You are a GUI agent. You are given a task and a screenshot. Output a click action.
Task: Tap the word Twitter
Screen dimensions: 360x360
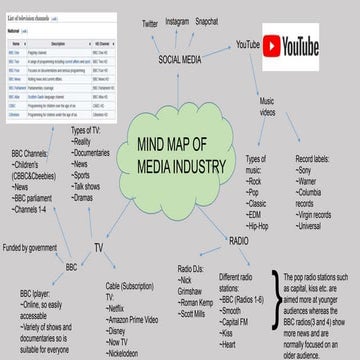(x=150, y=23)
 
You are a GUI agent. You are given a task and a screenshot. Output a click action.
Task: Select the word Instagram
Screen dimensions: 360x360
(x=176, y=20)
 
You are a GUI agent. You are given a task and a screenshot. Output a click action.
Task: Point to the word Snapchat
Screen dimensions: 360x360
(x=208, y=20)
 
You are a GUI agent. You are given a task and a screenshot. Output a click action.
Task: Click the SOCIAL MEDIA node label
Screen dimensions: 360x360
(x=180, y=59)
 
